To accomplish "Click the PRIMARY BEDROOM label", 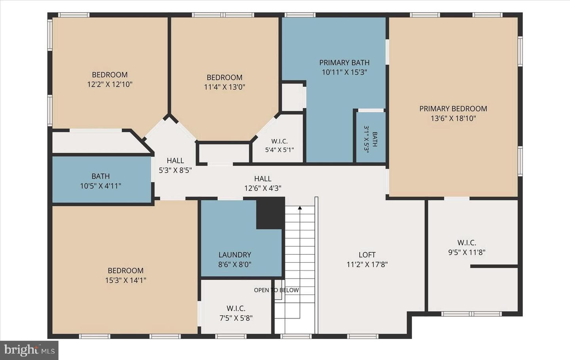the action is coord(453,109).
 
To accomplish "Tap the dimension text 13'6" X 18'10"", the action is coord(453,118).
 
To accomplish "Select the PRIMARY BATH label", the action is coord(344,63).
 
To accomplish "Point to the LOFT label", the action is coord(367,255).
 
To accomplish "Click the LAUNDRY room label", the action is coord(235,255).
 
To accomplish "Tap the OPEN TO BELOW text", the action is coord(276,290).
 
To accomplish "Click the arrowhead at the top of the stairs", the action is coord(300,208).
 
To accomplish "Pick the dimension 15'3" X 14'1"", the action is coord(126,280).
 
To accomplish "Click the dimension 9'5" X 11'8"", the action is coord(467,252).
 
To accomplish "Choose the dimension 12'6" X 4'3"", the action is coord(263,189).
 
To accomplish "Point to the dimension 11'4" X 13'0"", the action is coord(224,87).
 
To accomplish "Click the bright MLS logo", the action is coord(29,350).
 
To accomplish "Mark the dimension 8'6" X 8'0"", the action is coord(235,265).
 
